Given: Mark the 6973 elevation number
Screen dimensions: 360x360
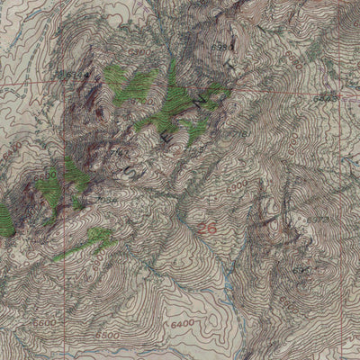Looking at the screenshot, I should pos(317,219).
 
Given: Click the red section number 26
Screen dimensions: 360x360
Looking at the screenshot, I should pos(207,229).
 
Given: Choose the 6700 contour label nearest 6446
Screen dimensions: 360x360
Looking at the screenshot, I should pos(310,135).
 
